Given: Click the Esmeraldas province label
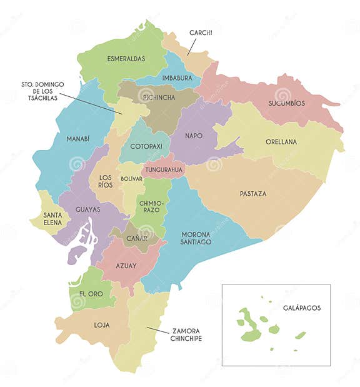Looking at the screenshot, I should pos(126,59).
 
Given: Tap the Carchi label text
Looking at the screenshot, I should pos(202,33).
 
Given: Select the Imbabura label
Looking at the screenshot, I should pos(177,78).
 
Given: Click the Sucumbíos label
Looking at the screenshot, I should pos(286,103).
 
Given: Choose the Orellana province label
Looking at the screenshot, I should pos(281,142).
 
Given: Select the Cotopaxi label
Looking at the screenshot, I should pos(146,146).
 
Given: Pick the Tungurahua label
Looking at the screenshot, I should pos(164,169).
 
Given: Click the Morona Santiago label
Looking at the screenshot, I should pos(196,238).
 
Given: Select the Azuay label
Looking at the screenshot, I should pos(126,266).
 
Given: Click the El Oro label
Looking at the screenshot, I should pos(91,294).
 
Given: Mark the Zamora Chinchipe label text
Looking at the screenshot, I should pos(186,334).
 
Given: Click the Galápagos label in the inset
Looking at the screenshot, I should pos(301,308).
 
